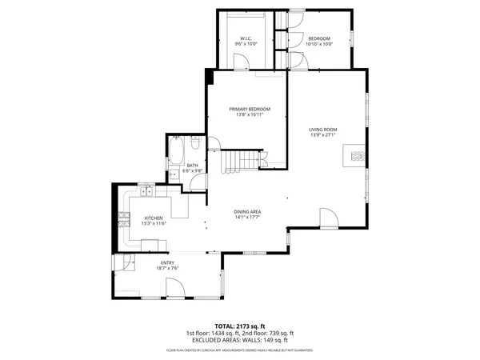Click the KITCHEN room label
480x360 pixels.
point(154,218)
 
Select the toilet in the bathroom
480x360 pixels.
point(194,146)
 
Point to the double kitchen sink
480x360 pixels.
point(147,190)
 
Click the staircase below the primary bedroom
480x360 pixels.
point(238,162)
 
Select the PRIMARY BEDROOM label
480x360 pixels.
point(250,109)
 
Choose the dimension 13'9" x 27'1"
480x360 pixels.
point(324,134)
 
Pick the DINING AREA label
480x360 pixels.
point(248,211)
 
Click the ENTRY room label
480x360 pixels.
point(167,262)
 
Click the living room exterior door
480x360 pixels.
point(329,218)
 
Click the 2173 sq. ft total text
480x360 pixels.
point(240,326)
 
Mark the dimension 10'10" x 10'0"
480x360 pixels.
point(319,44)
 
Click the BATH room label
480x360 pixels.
point(193,166)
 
